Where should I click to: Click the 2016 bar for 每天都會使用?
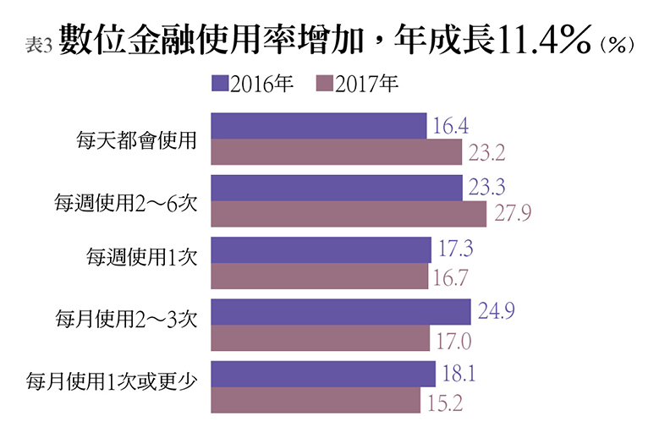tap(318, 126)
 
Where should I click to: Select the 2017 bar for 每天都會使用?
tap(336, 152)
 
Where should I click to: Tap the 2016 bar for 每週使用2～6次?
tap(337, 188)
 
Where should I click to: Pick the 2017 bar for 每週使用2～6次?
tap(348, 214)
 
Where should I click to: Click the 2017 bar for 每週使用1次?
tap(319, 276)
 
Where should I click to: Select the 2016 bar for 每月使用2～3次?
tap(340, 312)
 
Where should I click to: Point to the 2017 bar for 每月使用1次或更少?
tap(315, 399)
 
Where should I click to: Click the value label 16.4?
tap(451, 127)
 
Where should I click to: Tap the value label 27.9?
tap(512, 214)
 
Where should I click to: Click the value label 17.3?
tap(456, 250)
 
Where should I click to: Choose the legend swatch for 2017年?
tap(324, 84)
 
